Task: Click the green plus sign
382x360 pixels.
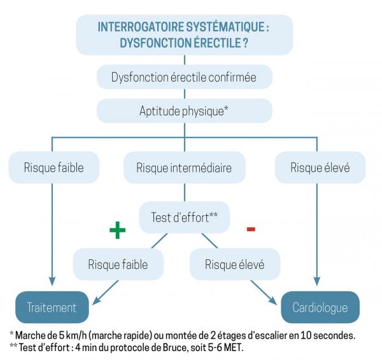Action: coord(116,230)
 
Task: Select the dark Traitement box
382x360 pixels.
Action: coord(52,308)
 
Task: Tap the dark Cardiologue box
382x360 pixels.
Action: coord(320,308)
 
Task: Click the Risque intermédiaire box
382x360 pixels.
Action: coord(184,168)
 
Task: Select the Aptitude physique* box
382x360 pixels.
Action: coord(184,110)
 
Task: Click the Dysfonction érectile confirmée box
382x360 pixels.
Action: coord(184,78)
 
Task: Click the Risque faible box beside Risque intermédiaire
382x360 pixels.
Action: coord(54,168)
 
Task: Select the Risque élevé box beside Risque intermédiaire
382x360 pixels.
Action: coord(320,168)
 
